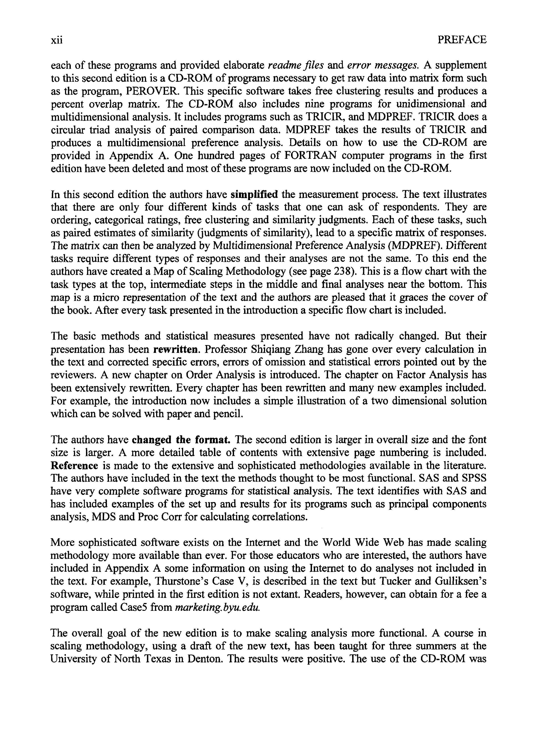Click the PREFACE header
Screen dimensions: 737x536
pos(462,40)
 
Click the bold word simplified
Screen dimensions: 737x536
pos(254,194)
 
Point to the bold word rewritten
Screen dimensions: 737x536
pos(176,349)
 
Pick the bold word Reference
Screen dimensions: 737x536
pos(74,465)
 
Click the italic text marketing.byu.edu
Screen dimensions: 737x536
pos(218,607)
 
